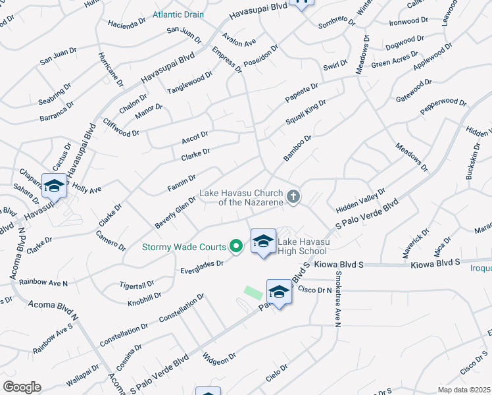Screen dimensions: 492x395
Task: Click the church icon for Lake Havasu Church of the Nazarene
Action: pos(293,196)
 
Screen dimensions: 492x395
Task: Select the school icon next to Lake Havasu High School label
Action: pos(263,242)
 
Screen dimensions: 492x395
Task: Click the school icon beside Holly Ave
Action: pos(54,186)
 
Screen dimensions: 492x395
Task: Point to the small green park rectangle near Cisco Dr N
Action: pos(252,292)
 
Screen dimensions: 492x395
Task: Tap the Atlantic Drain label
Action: pos(178,14)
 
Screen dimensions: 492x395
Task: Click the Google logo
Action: pos(22,386)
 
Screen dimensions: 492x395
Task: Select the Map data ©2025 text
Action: pos(463,390)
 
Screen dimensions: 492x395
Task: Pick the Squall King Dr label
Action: pos(306,112)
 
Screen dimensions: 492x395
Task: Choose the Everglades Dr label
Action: pos(203,267)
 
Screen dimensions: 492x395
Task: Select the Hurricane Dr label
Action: pos(111,69)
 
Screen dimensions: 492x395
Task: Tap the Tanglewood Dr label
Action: pos(189,84)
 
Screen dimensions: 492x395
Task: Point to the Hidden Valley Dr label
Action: pos(360,200)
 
